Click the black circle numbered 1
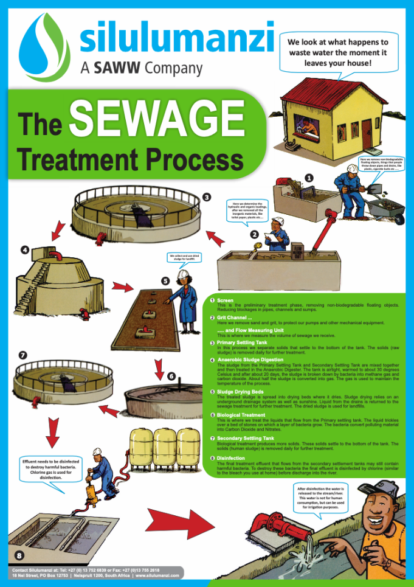click(x=308, y=178)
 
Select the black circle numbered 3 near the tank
click(x=206, y=197)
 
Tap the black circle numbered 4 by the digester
click(x=24, y=249)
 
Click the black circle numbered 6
click(x=171, y=377)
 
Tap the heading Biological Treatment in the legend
click(x=242, y=415)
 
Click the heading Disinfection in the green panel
click(x=232, y=460)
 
